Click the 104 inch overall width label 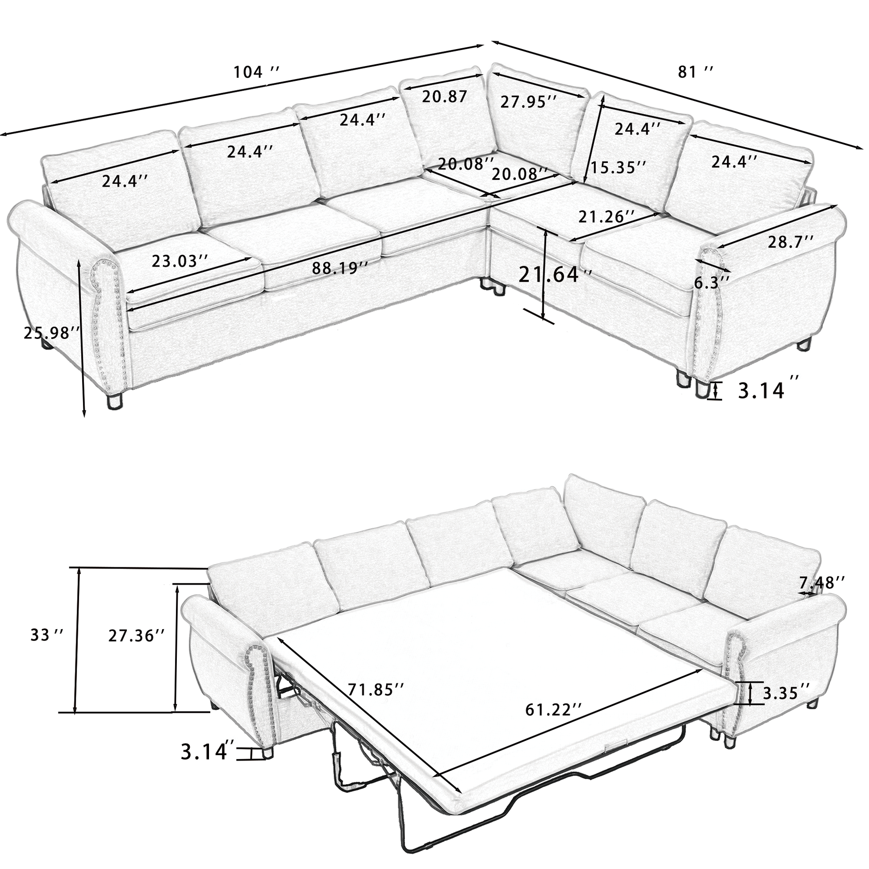point(256,72)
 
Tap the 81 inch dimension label point(695,72)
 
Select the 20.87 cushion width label point(444,96)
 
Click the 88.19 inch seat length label point(340,268)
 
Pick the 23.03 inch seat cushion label point(180,261)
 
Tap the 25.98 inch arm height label point(52,333)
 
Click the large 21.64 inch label point(555,274)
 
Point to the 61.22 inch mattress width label point(554,722)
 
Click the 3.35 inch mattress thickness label point(787,705)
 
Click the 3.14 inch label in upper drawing point(761,391)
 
